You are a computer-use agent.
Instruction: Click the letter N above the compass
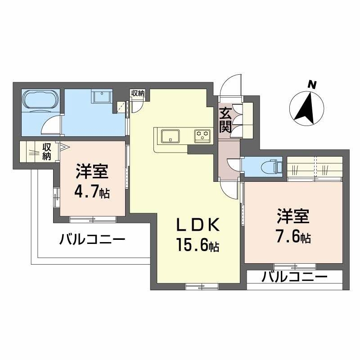pos(310,84)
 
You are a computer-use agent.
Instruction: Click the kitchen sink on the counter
pos(170,135)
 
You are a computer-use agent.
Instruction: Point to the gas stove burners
pos(203,135)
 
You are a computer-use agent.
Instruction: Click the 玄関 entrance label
pos(225,119)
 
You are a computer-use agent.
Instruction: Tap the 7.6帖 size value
pos(293,237)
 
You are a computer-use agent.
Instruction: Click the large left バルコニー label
pos(92,239)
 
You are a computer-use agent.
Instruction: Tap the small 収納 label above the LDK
pos(138,93)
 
